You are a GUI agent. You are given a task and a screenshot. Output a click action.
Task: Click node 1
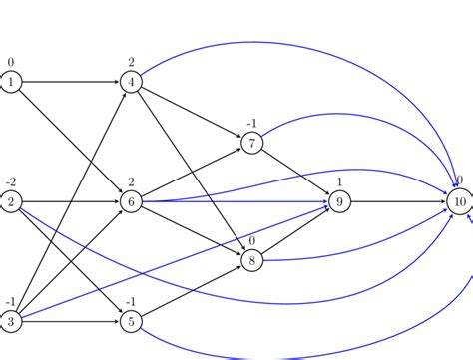pyautogui.click(x=11, y=83)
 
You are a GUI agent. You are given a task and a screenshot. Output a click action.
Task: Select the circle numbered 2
pyautogui.click(x=11, y=202)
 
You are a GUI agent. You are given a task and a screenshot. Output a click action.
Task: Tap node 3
pyautogui.click(x=11, y=321)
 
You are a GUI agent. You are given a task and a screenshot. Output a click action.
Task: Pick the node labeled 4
pyautogui.click(x=131, y=83)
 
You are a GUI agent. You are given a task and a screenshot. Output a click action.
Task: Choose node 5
pyautogui.click(x=131, y=321)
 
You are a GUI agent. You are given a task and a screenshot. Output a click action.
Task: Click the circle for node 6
pyautogui.click(x=131, y=202)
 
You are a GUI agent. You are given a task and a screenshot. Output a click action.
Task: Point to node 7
pyautogui.click(x=252, y=143)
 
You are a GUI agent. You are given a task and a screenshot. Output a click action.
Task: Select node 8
pyautogui.click(x=252, y=261)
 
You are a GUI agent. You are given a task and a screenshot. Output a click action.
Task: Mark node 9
pyautogui.click(x=340, y=202)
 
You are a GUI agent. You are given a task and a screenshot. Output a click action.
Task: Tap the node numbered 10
pyautogui.click(x=458, y=202)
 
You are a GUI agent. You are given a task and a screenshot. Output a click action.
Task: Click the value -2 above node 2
pyautogui.click(x=10, y=181)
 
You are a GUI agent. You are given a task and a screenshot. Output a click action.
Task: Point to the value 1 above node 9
pyautogui.click(x=340, y=181)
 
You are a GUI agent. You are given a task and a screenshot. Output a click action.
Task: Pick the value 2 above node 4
pyautogui.click(x=131, y=62)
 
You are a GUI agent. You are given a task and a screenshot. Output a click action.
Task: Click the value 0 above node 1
pyautogui.click(x=11, y=62)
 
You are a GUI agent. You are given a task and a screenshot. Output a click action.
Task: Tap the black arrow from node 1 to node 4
pyautogui.click(x=70, y=83)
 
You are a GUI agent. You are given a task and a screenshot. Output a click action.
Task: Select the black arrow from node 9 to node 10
pyautogui.click(x=399, y=202)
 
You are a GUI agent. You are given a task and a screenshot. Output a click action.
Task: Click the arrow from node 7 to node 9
pyautogui.click(x=296, y=173)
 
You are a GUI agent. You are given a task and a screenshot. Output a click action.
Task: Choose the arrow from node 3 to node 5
pyautogui.click(x=70, y=321)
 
